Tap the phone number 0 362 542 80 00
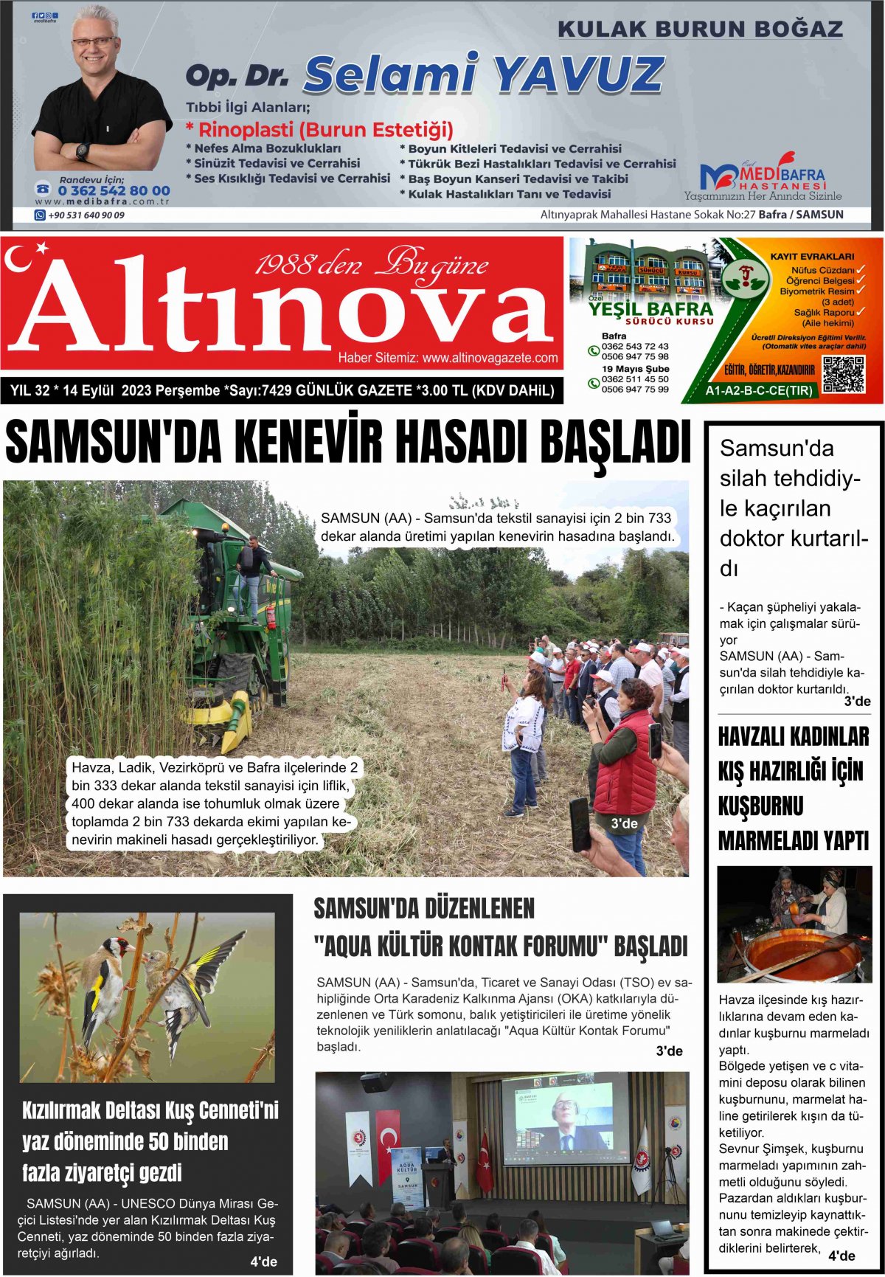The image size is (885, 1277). pos(114,190)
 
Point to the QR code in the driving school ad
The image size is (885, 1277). pos(843,374)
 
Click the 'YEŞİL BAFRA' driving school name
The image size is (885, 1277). pos(650,309)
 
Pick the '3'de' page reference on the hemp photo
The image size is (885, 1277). pos(624,823)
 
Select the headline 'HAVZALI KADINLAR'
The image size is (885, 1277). pos(794,736)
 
